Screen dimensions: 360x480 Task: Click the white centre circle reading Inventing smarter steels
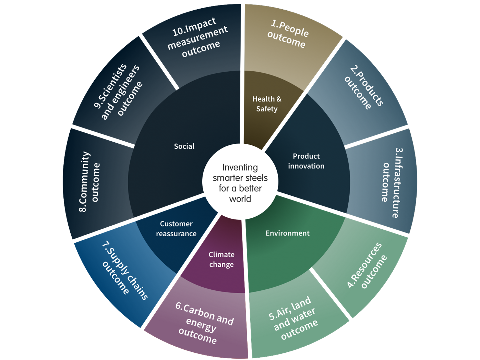click(240, 182)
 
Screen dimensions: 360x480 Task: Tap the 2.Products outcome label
click(364, 87)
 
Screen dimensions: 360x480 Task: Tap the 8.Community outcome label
click(89, 182)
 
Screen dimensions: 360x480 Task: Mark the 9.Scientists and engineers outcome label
click(119, 91)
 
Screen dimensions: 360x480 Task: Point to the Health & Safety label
click(267, 104)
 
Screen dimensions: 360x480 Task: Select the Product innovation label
click(306, 161)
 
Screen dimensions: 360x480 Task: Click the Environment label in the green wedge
click(287, 233)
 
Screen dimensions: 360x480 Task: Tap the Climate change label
click(221, 260)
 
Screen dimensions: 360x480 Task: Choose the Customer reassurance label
click(176, 229)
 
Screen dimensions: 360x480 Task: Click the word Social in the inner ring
click(184, 146)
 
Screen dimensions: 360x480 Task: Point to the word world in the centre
click(240, 199)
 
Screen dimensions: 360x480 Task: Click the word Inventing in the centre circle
click(240, 167)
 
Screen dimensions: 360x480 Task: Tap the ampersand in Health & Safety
click(278, 99)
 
